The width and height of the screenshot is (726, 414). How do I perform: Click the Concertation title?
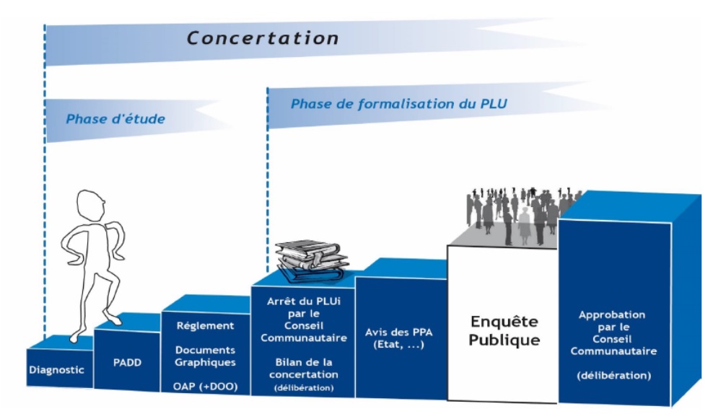(x=263, y=38)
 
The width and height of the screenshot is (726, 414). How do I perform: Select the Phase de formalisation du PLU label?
(x=398, y=104)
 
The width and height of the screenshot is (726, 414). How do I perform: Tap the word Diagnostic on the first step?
(x=57, y=370)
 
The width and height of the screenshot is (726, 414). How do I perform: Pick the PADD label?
(x=127, y=362)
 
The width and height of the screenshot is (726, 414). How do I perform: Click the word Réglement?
(x=206, y=325)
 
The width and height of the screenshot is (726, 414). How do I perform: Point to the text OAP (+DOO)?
(x=206, y=387)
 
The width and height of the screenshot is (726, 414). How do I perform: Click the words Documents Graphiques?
(x=206, y=356)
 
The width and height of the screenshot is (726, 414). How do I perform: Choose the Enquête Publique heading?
(x=504, y=331)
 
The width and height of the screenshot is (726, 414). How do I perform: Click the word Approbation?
(x=612, y=315)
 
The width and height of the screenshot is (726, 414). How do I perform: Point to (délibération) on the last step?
(x=614, y=375)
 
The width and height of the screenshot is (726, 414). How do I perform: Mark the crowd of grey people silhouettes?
(x=515, y=211)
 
